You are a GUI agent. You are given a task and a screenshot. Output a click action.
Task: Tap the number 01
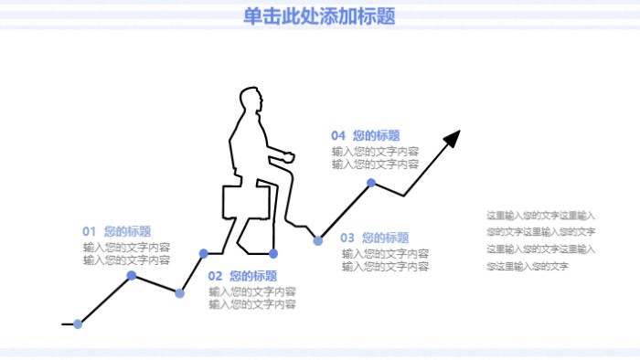coord(90,231)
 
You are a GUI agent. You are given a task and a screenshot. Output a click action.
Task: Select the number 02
coord(215,275)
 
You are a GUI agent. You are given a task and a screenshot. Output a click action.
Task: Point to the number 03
coord(347,237)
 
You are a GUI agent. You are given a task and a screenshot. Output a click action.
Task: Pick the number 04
coord(338,135)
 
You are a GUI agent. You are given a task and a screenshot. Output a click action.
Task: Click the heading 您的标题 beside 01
coord(128,231)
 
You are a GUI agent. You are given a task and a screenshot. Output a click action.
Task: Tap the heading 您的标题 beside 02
coord(253,275)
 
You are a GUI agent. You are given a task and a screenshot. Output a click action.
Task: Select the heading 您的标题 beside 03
coord(386,237)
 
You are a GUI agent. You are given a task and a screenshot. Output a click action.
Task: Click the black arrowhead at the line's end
coord(452,139)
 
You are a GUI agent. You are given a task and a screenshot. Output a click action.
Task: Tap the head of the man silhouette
coord(250,99)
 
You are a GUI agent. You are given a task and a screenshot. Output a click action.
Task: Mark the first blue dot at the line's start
coord(78,323)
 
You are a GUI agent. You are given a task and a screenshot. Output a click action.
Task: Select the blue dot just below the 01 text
coord(132,275)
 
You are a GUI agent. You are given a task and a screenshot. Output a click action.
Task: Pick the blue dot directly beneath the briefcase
coord(273,253)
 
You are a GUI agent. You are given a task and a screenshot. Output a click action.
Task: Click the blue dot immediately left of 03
coord(318,240)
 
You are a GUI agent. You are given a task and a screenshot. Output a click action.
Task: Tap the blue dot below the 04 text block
coord(371,183)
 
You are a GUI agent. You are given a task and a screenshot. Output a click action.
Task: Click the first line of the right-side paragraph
coord(540,216)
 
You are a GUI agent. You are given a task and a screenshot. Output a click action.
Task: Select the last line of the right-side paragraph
coord(528,266)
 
